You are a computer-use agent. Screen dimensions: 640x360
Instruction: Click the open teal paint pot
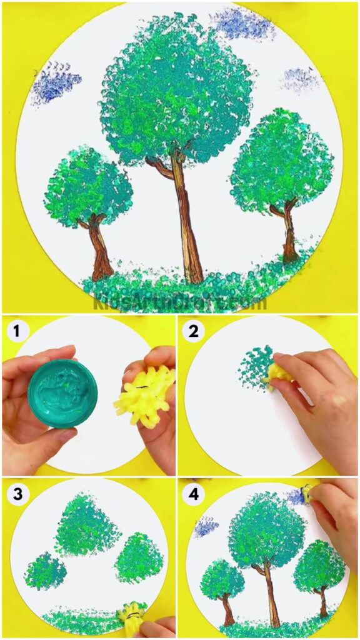pos(62,394)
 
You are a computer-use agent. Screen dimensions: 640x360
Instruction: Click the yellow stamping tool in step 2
pos(277,373)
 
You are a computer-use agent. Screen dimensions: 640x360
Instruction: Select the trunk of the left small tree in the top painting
pos(99,247)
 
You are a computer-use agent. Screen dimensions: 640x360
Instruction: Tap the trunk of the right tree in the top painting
pos(289,231)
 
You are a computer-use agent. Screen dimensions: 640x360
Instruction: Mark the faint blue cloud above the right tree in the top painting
pos(300,79)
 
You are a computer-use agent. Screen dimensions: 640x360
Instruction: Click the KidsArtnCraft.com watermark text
pos(180,303)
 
